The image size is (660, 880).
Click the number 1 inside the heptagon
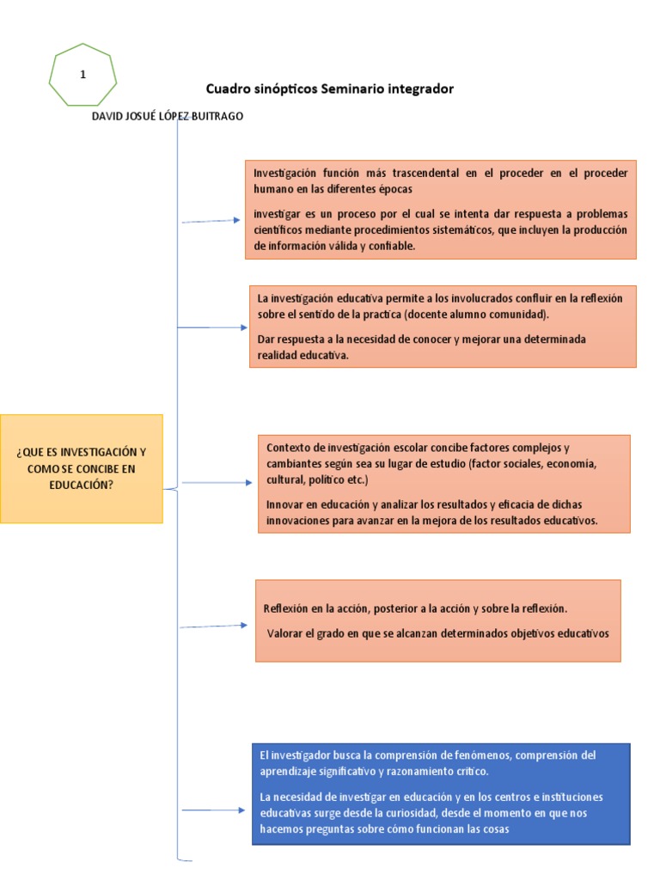tap(82, 75)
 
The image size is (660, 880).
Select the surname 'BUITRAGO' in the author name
tap(215, 117)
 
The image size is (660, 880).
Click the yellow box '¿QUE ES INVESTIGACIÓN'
tap(82, 468)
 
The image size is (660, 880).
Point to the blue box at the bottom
tap(441, 793)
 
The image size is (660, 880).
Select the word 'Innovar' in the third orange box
tap(285, 504)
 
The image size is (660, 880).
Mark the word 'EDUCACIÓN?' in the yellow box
tap(82, 485)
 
